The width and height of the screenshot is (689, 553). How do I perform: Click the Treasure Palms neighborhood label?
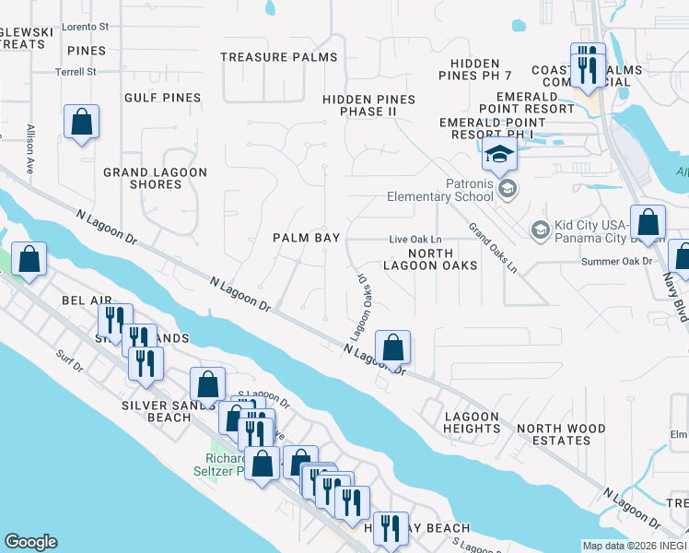[x=279, y=57]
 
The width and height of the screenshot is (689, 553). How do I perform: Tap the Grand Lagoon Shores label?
[x=155, y=178]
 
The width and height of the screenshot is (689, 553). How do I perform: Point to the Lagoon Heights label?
[x=472, y=422]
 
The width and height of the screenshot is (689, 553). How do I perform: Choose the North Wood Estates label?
[x=561, y=434]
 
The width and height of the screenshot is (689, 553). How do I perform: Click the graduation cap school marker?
[x=498, y=155]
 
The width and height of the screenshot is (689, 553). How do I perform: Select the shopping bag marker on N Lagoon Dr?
[x=392, y=349]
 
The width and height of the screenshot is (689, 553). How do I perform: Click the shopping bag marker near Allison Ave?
[x=82, y=123]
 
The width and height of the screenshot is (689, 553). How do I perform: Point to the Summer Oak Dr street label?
[x=616, y=261]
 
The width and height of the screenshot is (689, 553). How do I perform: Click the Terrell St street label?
[x=76, y=72]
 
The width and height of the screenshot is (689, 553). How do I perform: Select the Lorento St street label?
[x=86, y=28]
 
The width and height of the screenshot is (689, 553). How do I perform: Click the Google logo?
[x=30, y=542]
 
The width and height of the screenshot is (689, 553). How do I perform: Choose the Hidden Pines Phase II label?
[x=368, y=105]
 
